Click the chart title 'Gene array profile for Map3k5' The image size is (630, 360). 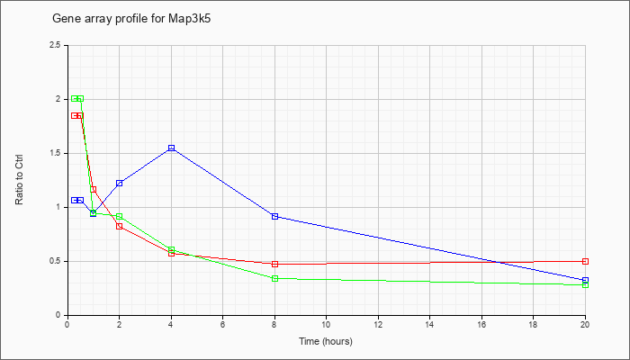[x=131, y=19]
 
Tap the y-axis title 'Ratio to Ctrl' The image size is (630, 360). [x=19, y=179]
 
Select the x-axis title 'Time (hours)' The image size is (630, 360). [x=326, y=341]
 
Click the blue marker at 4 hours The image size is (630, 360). [x=172, y=148]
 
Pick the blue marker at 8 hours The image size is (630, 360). [x=274, y=216]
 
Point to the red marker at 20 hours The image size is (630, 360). [x=585, y=261]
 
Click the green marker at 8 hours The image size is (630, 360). [x=274, y=278]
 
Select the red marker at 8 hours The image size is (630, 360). [x=274, y=264]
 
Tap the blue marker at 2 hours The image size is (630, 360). [x=120, y=184]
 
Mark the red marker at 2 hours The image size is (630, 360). [x=120, y=226]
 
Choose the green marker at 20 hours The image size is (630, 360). [x=585, y=285]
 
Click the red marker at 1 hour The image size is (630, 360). [x=94, y=189]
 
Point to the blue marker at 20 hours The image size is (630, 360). [x=585, y=280]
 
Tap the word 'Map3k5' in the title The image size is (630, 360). [x=189, y=19]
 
